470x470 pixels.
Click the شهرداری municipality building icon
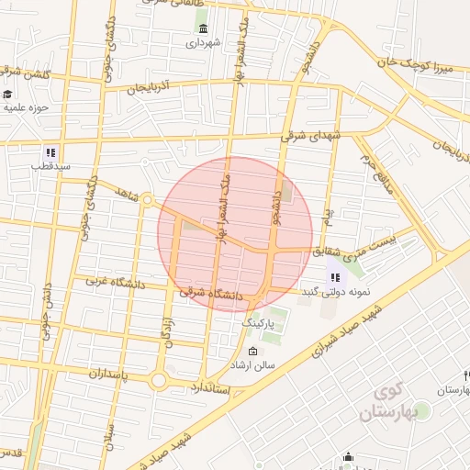coord(202,28)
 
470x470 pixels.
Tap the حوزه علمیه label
coord(31,106)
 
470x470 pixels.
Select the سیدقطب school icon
coord(50,152)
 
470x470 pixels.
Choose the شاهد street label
coord(127,190)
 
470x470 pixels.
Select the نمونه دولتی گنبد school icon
coord(334,277)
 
